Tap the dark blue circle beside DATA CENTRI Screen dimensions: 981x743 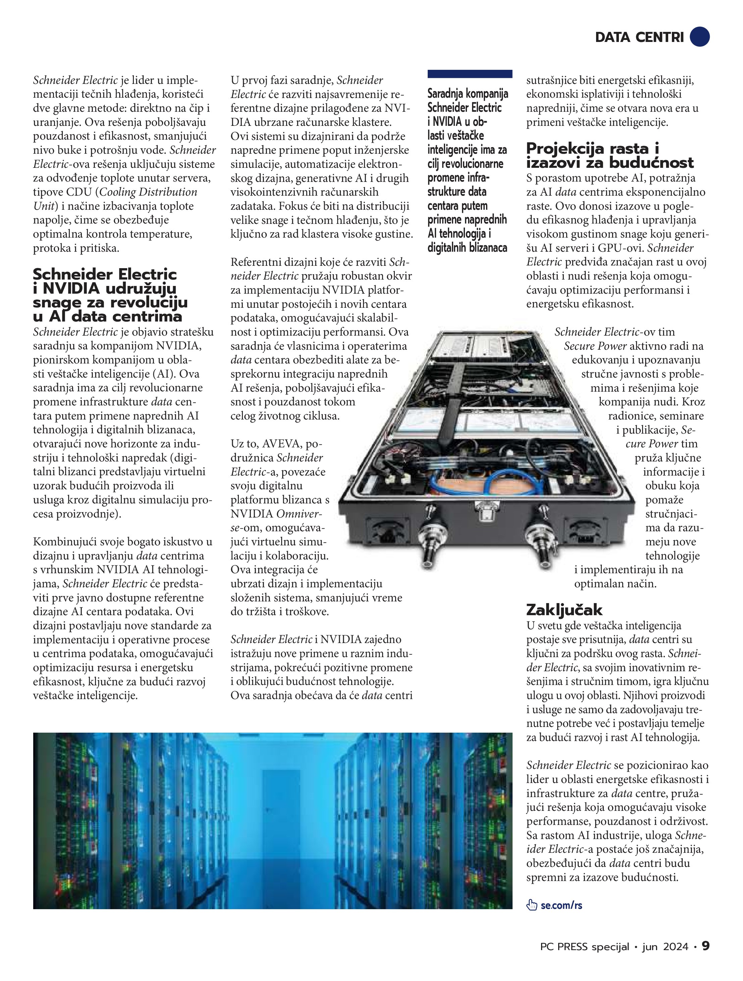[700, 36]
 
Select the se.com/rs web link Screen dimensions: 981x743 [561, 905]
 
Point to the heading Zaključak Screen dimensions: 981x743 [564, 610]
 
